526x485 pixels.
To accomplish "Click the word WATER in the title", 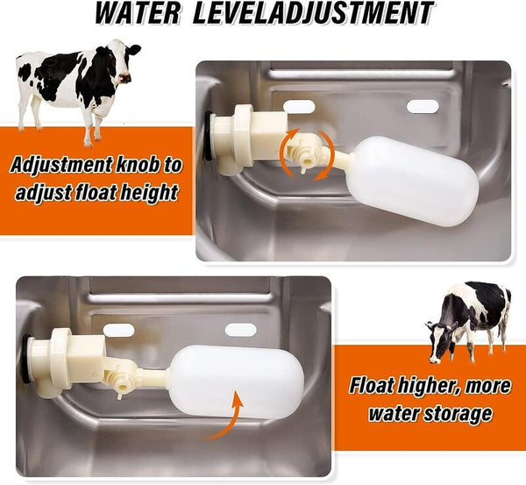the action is click(x=138, y=13).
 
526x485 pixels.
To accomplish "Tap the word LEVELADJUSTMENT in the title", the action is click(x=313, y=13).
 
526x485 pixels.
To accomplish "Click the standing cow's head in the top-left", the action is click(x=126, y=64).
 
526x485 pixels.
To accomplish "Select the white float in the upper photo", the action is click(x=413, y=182).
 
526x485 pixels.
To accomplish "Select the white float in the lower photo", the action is click(x=236, y=382).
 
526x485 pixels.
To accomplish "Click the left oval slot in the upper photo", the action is click(x=299, y=107).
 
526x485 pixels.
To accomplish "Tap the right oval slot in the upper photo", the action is click(x=423, y=106).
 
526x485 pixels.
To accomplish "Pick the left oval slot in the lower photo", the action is click(x=118, y=331).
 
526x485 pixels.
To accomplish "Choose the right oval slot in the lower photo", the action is click(x=241, y=330).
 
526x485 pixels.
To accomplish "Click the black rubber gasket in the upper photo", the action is click(x=209, y=136).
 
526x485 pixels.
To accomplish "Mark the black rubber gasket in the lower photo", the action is click(x=25, y=360).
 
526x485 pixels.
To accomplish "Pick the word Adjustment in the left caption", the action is click(x=61, y=165).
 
